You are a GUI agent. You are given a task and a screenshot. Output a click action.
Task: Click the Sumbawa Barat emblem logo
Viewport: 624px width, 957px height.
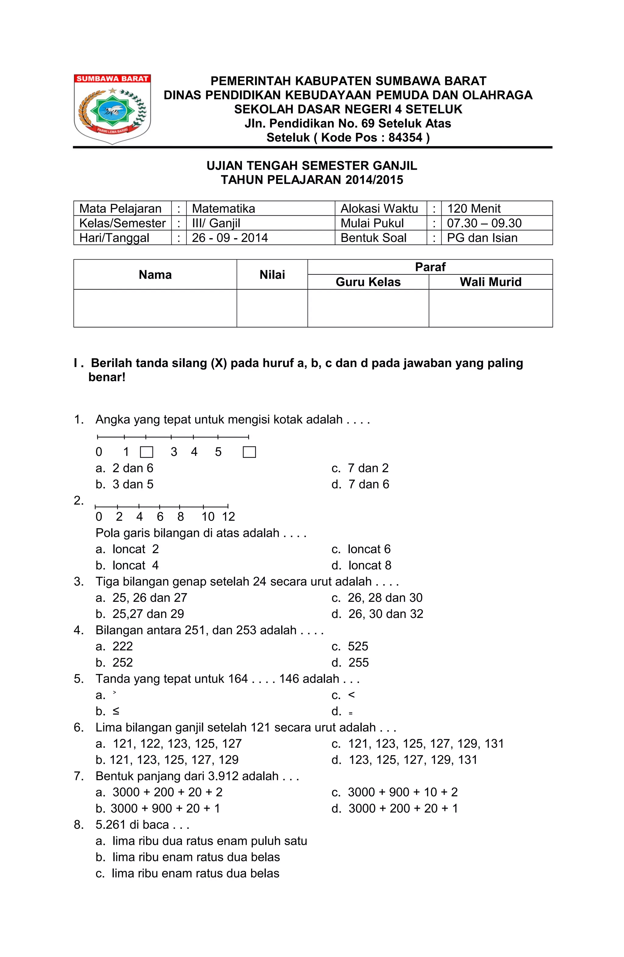point(112,109)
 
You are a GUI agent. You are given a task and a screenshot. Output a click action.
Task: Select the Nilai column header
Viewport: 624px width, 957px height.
point(272,275)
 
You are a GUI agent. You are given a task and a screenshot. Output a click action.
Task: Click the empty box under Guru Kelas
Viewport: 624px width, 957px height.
point(368,308)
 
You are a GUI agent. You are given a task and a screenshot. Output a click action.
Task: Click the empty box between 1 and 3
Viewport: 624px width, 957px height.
point(147,452)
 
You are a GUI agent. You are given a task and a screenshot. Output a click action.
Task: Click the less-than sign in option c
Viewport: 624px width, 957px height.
point(351,695)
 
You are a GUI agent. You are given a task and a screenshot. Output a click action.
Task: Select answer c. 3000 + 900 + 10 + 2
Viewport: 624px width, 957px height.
point(394,792)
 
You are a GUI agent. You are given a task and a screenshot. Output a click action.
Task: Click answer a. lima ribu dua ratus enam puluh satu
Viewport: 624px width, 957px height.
point(201,841)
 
